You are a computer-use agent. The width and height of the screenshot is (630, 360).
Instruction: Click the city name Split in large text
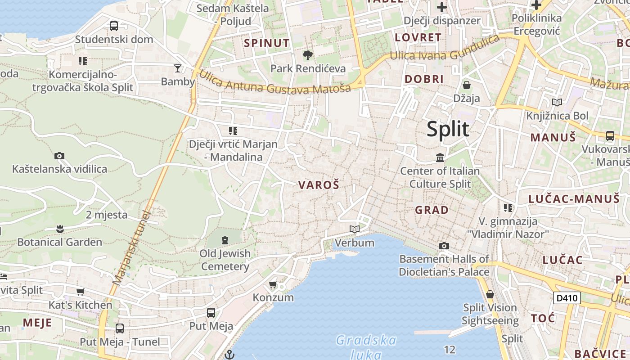pyautogui.click(x=448, y=129)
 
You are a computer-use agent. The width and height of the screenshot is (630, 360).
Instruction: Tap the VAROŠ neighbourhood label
pyautogui.click(x=319, y=185)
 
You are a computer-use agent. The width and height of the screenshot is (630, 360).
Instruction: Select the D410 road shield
pyautogui.click(x=567, y=298)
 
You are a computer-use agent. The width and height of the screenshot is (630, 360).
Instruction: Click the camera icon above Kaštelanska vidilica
pyautogui.click(x=59, y=156)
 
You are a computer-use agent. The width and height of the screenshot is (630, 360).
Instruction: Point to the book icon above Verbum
pyautogui.click(x=355, y=229)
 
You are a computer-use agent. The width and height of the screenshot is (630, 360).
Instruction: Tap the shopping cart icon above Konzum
pyautogui.click(x=273, y=284)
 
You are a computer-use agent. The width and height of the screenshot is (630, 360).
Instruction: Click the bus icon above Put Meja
pyautogui.click(x=211, y=312)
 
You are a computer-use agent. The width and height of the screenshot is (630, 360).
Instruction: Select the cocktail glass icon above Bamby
pyautogui.click(x=178, y=68)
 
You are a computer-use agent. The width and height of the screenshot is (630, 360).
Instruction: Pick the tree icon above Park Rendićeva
pyautogui.click(x=308, y=55)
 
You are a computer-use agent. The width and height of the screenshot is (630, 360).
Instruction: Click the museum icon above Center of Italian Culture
pyautogui.click(x=440, y=158)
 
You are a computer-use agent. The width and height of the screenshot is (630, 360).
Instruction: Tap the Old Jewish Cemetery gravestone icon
pyautogui.click(x=225, y=240)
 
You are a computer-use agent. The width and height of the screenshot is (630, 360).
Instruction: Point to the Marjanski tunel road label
pyautogui.click(x=131, y=247)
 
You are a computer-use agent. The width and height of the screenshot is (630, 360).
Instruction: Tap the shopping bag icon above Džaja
pyautogui.click(x=467, y=85)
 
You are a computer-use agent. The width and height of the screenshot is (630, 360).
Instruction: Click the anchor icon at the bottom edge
pyautogui.click(x=230, y=355)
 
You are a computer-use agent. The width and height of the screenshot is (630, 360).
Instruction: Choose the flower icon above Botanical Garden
pyautogui.click(x=60, y=229)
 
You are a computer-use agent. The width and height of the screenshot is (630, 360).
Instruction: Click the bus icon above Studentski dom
pyautogui.click(x=114, y=26)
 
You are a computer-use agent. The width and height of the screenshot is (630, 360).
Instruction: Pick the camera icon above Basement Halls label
pyautogui.click(x=444, y=246)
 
